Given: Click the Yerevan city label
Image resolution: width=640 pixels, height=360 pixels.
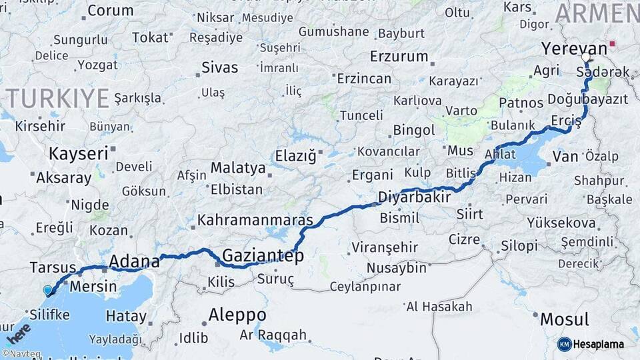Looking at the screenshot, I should [x=574, y=49].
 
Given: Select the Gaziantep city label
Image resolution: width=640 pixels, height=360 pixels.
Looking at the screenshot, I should [x=263, y=256].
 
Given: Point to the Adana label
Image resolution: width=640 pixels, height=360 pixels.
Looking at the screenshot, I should [x=134, y=261].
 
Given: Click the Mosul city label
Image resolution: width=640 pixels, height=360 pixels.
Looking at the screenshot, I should [x=564, y=319].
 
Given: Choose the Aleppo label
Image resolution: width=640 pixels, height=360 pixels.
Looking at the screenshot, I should [x=237, y=315].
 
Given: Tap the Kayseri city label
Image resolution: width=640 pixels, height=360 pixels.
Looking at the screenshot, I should [x=78, y=154].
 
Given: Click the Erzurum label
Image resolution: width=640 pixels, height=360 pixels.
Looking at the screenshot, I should [x=398, y=56].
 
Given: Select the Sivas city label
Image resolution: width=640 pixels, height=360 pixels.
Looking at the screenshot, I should [x=220, y=67].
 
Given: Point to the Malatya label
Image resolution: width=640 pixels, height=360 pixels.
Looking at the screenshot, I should [x=238, y=167].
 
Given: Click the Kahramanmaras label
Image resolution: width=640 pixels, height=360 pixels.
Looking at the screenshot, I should [x=255, y=219].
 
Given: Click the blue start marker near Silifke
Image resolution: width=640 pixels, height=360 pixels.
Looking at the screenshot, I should [x=47, y=291].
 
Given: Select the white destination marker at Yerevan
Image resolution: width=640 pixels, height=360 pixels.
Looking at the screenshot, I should [x=587, y=57].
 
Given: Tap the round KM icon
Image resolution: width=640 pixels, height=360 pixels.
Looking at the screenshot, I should [x=565, y=344].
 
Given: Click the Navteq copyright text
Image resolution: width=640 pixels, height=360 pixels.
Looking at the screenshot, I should [x=21, y=354].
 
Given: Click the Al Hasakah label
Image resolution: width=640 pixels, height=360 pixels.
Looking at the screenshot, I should [x=439, y=307].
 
